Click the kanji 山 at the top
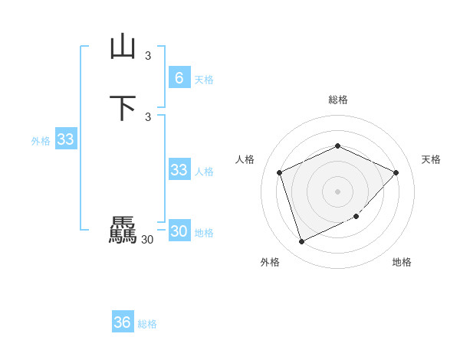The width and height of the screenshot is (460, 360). [x=123, y=47]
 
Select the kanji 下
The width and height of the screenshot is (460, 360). [x=123, y=107]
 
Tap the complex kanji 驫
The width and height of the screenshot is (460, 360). [x=123, y=231]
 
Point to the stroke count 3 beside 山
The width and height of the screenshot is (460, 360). [x=148, y=55]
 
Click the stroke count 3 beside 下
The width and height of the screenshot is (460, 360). [x=148, y=116]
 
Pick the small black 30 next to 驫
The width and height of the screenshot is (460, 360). [x=147, y=240]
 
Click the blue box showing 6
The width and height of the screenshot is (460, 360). [x=179, y=77]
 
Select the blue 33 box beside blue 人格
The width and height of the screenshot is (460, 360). [x=179, y=170]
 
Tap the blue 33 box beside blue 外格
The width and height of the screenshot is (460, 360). [x=65, y=139]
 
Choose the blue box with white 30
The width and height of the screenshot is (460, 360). [x=179, y=231]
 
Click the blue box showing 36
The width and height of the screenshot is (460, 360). [x=122, y=322]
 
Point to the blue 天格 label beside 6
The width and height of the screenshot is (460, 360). [x=204, y=80]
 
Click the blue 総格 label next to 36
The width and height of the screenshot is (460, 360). [x=147, y=325]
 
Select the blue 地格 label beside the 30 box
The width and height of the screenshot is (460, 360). [x=204, y=233]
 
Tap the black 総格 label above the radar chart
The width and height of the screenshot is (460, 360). [x=337, y=100]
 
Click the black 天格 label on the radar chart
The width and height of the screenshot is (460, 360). [x=431, y=159]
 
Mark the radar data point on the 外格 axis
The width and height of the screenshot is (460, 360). [x=301, y=241]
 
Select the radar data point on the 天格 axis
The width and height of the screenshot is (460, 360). [x=396, y=172]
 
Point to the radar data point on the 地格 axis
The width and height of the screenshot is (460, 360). [x=356, y=217]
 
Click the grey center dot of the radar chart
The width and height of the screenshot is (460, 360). [x=337, y=191]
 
